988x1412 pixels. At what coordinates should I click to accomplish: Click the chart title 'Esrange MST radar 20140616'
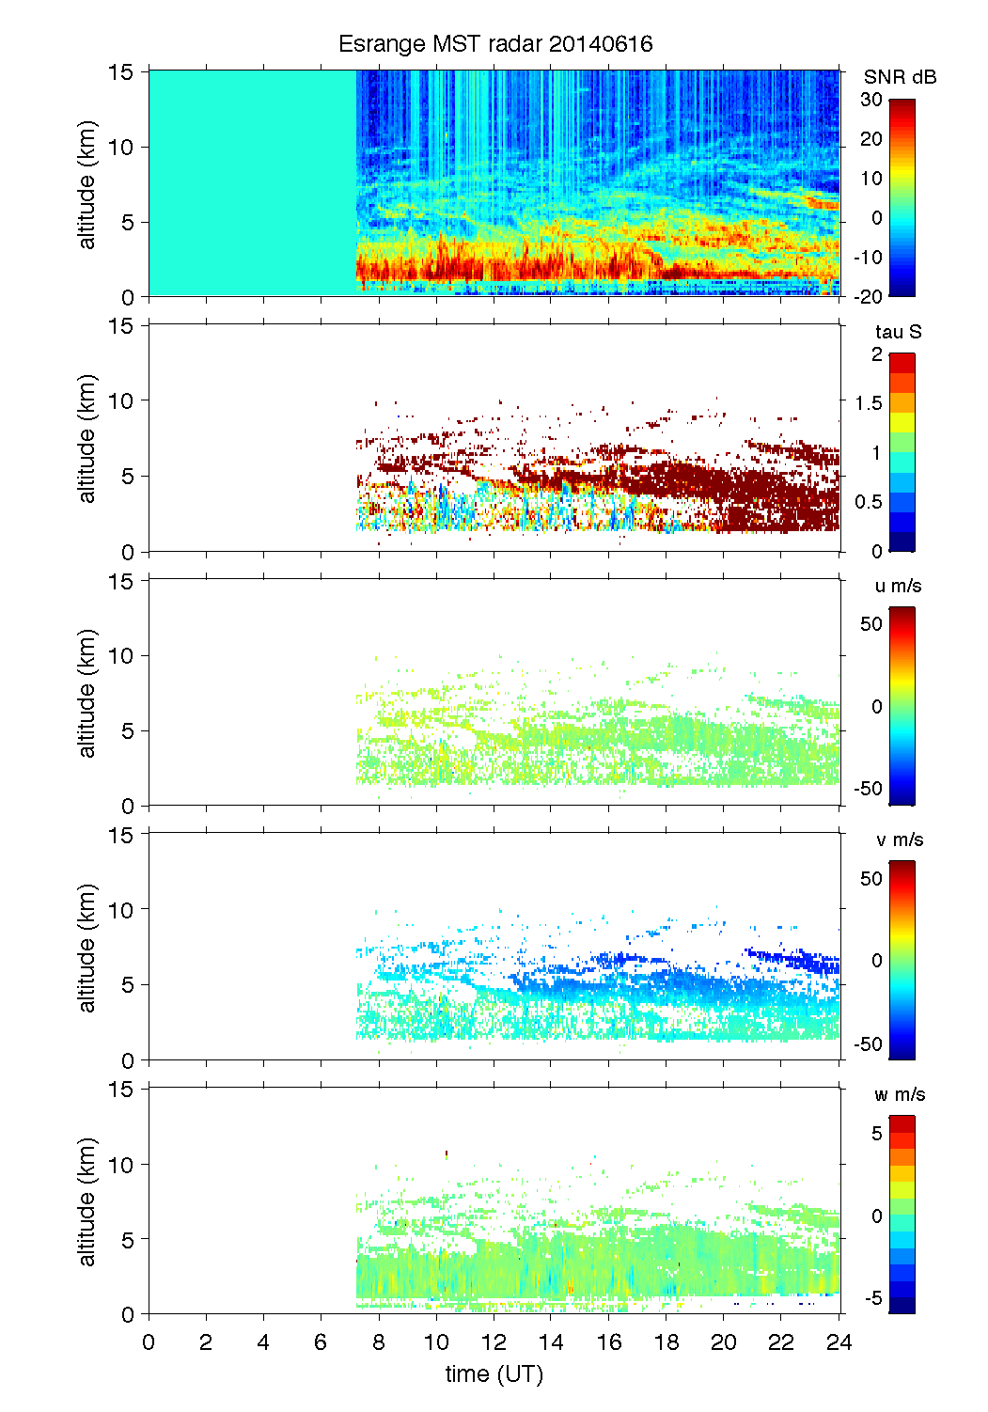click(x=494, y=44)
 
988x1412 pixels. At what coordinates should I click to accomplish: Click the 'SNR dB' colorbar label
click(x=900, y=77)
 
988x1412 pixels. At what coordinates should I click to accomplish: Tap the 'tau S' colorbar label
click(x=898, y=332)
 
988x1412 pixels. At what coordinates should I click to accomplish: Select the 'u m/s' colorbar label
click(x=898, y=586)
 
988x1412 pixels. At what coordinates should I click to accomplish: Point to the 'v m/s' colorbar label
click(x=899, y=839)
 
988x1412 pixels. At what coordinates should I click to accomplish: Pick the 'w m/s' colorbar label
click(x=899, y=1094)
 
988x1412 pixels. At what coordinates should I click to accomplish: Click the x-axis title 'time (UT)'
click(x=494, y=1373)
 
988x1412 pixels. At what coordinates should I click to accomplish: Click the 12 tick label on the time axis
click(x=494, y=1341)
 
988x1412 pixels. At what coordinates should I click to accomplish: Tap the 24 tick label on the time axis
click(x=839, y=1341)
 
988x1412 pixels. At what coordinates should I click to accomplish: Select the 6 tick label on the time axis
click(x=321, y=1341)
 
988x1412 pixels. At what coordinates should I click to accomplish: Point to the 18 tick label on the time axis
click(x=667, y=1341)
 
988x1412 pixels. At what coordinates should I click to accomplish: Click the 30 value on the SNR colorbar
click(x=871, y=100)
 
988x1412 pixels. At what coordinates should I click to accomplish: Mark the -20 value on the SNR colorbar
click(x=868, y=296)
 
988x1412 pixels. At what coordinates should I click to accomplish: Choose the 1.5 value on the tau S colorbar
click(x=869, y=403)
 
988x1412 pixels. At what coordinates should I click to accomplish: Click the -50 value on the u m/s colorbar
click(x=868, y=789)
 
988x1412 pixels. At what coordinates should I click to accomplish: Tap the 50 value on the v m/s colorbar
click(x=871, y=878)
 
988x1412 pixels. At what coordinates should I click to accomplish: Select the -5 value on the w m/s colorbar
click(x=871, y=1297)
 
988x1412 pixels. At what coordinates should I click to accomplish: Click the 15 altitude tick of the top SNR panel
click(x=121, y=71)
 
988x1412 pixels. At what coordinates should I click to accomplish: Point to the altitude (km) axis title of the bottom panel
click(x=87, y=1201)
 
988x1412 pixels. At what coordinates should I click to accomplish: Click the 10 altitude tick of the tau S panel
click(x=121, y=400)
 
